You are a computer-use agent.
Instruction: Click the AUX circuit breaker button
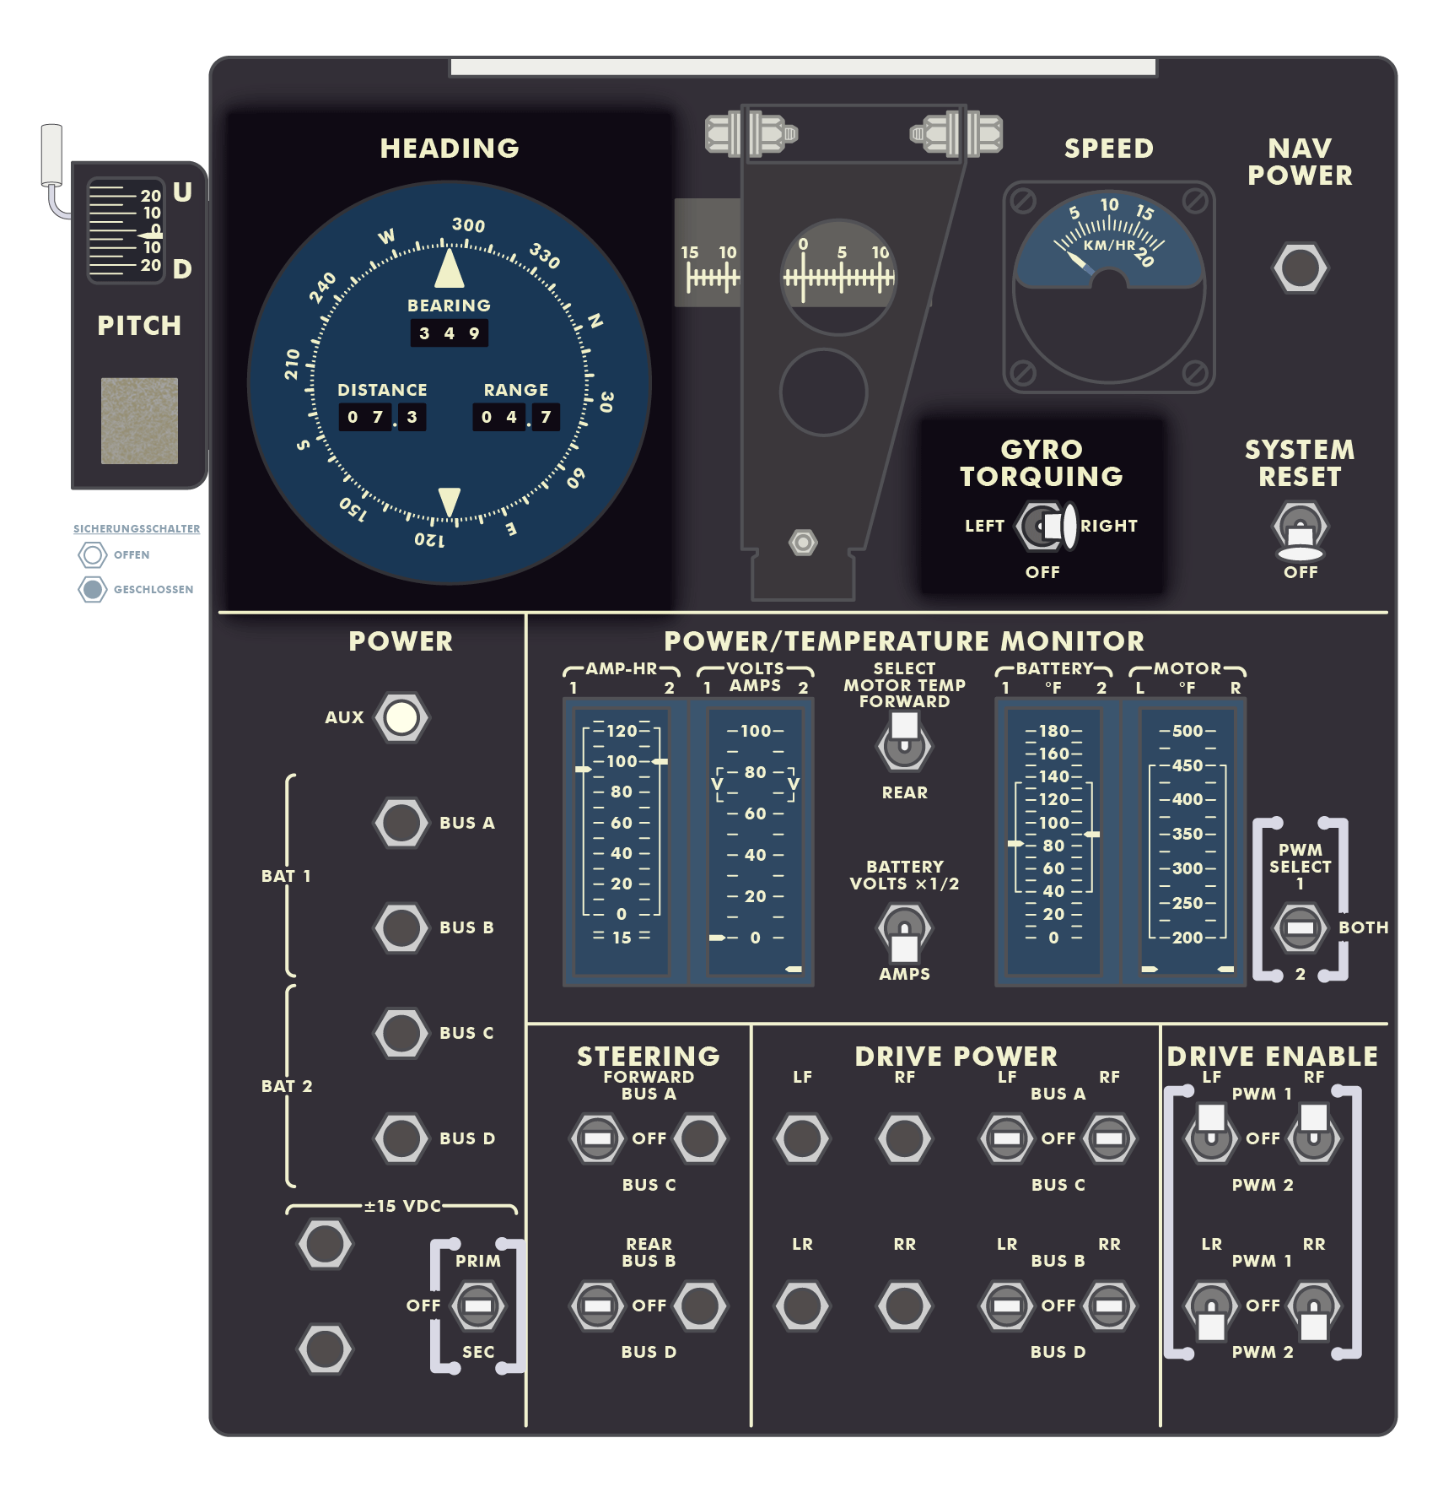click(401, 717)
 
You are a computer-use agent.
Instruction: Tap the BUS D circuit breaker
click(401, 1138)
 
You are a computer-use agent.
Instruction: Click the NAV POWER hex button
click(1300, 268)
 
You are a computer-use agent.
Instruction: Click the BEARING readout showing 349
click(450, 333)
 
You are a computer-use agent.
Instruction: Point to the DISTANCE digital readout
click(382, 417)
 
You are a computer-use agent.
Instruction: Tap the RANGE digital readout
click(516, 417)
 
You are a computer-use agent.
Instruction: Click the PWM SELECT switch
click(1300, 927)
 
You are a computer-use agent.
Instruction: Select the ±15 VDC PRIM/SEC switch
click(478, 1305)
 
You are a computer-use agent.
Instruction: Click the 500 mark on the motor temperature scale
click(1187, 731)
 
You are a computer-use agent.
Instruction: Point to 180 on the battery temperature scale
click(1053, 731)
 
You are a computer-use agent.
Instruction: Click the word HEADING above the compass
click(450, 149)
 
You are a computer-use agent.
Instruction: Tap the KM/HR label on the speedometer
click(1109, 246)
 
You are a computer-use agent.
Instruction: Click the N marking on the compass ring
click(595, 322)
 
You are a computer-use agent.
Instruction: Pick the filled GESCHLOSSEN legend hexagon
click(93, 589)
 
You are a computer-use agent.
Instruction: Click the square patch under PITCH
click(139, 420)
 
